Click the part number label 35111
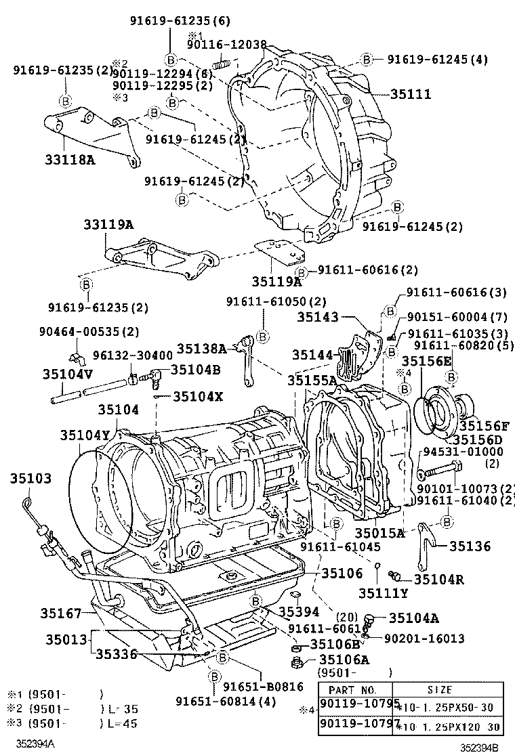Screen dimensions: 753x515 pos(410,95)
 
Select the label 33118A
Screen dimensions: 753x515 pos(51,160)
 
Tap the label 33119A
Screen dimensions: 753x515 pos(108,225)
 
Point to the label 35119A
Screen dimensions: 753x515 pos(276,282)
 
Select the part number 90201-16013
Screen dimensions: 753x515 pos(424,638)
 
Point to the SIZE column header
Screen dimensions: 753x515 pos(439,689)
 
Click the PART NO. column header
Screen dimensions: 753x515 pos(352,689)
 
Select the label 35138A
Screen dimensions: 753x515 pos(201,348)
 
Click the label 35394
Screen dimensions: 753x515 pos(299,611)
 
